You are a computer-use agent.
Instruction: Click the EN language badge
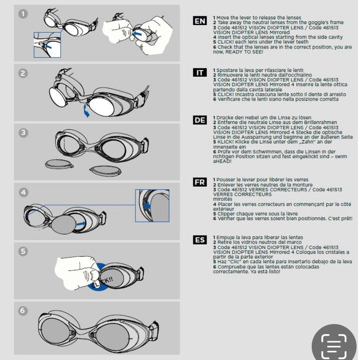tap(200, 21)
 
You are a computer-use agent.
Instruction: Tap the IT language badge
tap(200, 73)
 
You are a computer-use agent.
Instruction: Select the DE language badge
tap(200, 120)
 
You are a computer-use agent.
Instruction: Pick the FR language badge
tap(200, 182)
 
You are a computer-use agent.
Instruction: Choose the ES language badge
tap(200, 240)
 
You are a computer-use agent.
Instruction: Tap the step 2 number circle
tap(23, 73)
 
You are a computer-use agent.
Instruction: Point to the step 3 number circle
tap(23, 133)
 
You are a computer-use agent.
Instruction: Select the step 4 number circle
tap(23, 192)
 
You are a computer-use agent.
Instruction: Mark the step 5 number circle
tap(23, 251)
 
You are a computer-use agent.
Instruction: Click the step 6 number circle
tap(23, 310)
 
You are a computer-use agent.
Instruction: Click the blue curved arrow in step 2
tap(87, 110)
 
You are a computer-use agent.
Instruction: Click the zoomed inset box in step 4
tap(152, 206)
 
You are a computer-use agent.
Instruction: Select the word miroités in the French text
tap(223, 199)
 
